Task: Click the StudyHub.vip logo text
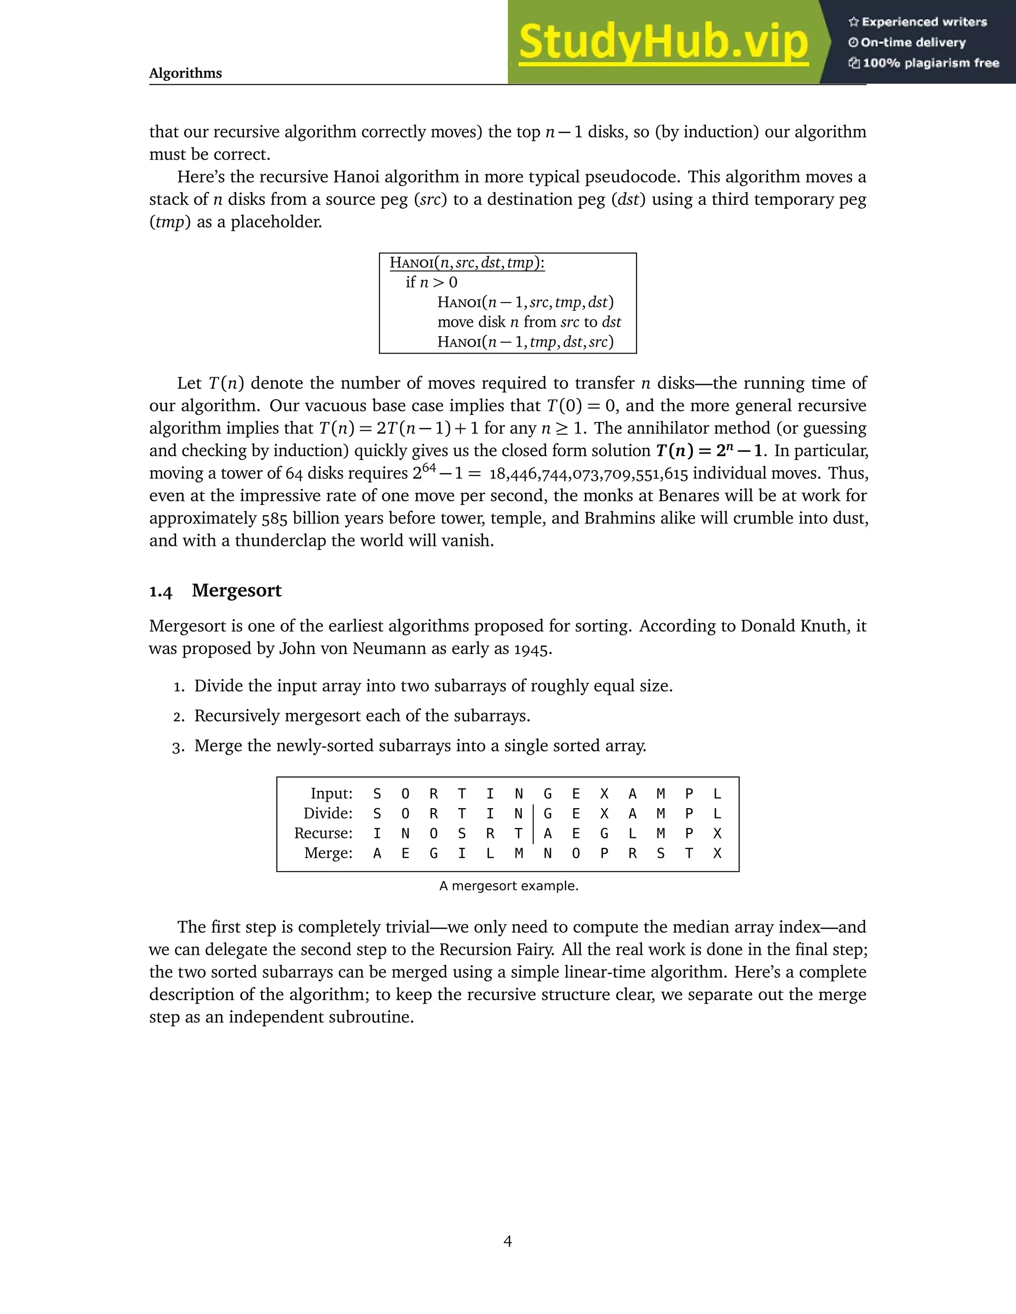[x=663, y=42]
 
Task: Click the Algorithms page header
[x=186, y=73]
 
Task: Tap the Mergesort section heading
[x=237, y=590]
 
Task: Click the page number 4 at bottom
[x=508, y=1241]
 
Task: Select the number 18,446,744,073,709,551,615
[x=588, y=474]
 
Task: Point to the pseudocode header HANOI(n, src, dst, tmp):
[x=467, y=263]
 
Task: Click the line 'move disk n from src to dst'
[x=529, y=322]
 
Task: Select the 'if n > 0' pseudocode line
[x=432, y=282]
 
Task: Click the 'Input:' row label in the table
[x=331, y=793]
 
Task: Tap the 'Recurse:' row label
[x=323, y=834]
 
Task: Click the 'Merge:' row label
[x=328, y=853]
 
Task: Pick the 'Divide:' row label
[x=327, y=813]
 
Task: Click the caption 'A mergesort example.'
[x=508, y=886]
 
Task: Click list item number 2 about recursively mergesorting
[x=362, y=716]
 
